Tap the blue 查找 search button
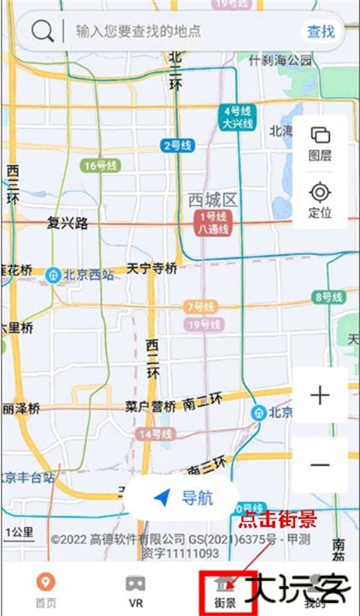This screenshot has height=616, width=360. (321, 32)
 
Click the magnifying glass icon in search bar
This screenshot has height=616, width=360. (42, 32)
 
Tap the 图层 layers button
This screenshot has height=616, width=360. (321, 144)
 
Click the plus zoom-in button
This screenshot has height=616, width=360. (320, 395)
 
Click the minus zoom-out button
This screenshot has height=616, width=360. (320, 465)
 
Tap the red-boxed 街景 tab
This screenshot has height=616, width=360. (226, 590)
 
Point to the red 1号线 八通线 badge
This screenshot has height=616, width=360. (213, 224)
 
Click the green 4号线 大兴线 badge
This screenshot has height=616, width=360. (238, 117)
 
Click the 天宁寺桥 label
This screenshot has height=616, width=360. (152, 269)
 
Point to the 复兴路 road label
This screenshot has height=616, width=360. (68, 223)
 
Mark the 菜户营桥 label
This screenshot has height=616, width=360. (150, 406)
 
